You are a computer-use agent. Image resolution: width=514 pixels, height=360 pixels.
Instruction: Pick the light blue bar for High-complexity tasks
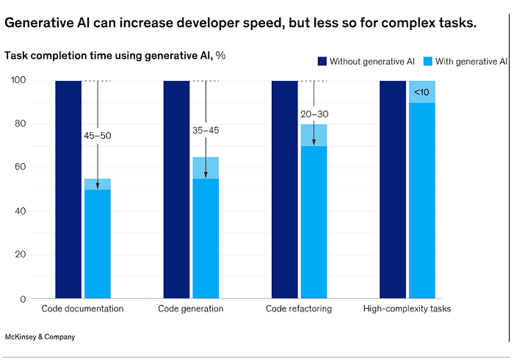tap(421, 198)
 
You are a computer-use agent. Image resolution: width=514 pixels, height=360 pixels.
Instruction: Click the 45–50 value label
tap(97, 136)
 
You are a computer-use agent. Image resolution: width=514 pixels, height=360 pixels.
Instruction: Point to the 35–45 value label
tap(205, 131)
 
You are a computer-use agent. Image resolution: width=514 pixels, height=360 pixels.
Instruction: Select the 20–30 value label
tap(314, 114)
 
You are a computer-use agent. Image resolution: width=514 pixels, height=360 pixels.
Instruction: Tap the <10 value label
tap(421, 92)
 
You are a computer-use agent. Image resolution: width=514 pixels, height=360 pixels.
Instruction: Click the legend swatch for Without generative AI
tap(322, 61)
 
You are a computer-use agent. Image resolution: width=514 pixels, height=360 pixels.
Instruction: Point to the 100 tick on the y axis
tap(19, 80)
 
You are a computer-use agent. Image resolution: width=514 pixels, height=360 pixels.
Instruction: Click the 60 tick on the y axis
tap(21, 168)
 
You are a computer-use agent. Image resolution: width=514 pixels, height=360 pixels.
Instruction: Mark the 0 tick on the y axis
tap(23, 299)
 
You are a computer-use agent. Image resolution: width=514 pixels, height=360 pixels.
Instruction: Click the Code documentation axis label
tap(82, 309)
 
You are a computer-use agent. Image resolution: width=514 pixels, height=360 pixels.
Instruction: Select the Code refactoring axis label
tap(299, 309)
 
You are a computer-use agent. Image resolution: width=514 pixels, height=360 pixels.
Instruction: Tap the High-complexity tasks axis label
tap(407, 309)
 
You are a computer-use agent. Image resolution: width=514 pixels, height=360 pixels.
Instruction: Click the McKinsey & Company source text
tap(40, 336)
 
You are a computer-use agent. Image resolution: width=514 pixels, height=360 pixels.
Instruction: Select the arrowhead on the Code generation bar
tap(206, 175)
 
